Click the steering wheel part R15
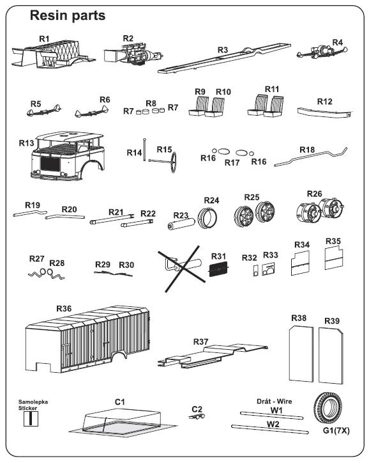[172, 161]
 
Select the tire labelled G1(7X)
[328, 409]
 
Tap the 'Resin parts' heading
[68, 15]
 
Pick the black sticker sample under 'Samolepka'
[31, 418]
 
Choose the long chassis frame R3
[224, 58]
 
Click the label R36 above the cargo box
[64, 309]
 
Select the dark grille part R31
[218, 269]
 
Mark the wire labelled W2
[270, 429]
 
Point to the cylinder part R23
[181, 224]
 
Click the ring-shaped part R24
[208, 217]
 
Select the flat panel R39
[331, 356]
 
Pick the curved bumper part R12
[324, 113]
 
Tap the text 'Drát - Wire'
[274, 401]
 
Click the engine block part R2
[133, 54]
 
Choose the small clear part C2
[197, 416]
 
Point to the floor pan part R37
[213, 356]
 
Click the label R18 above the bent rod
[307, 150]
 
